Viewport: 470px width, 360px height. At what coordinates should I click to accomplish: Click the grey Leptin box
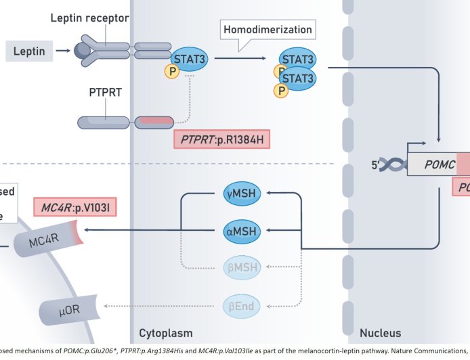pos(28,50)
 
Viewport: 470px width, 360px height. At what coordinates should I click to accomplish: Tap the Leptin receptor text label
pos(89,18)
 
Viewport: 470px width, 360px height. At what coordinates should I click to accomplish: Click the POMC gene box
pos(437,164)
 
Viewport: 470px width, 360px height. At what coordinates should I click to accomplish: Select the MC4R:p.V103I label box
pos(75,206)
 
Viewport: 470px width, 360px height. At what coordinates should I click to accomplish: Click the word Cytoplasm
pos(166,333)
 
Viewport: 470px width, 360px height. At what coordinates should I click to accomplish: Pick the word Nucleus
pos(380,333)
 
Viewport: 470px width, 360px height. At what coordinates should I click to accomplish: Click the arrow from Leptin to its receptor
pos(65,50)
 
